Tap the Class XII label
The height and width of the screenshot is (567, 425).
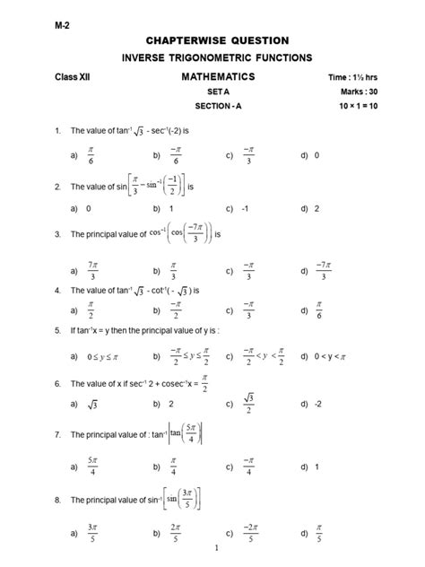[x=73, y=78]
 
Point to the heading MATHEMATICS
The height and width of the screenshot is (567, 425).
[x=218, y=77]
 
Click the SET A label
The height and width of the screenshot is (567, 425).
[x=218, y=92]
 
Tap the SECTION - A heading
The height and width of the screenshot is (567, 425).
[x=218, y=107]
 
